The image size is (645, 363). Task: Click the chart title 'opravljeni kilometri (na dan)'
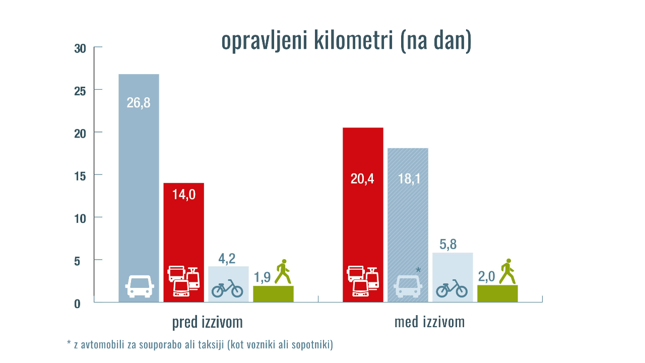[346, 41]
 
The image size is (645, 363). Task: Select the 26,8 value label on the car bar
[139, 103]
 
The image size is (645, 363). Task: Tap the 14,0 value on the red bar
[184, 195]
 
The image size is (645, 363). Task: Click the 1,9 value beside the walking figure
[263, 277]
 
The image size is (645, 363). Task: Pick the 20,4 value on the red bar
[362, 178]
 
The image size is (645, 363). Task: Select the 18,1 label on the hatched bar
[408, 178]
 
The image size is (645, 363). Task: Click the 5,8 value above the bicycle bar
[448, 245]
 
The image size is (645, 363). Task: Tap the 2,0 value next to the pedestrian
[487, 276]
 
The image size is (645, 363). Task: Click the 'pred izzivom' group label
[207, 323]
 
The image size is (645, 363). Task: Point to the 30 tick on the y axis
[80, 49]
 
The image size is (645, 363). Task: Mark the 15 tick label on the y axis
[80, 176]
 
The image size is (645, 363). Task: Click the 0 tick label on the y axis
[77, 304]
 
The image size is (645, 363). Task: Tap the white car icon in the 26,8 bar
[140, 286]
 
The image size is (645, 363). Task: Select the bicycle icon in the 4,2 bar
[227, 288]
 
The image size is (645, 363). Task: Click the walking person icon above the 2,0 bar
[507, 272]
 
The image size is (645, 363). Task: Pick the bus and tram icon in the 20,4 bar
[363, 281]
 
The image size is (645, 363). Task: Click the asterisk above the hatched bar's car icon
[418, 271]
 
